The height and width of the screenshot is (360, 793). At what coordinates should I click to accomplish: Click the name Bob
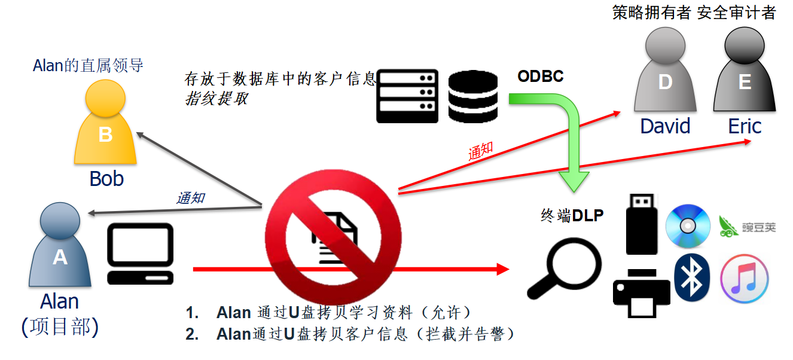point(106,178)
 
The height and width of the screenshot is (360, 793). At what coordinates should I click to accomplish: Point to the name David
point(665,126)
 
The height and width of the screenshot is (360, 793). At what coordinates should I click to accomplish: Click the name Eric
point(745,126)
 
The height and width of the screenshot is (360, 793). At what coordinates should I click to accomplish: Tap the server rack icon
point(407,96)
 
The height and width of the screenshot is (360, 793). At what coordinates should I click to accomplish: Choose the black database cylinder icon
point(473,96)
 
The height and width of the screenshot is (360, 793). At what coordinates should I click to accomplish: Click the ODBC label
point(540,77)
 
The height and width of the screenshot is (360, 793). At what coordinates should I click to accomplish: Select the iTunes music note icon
point(744,279)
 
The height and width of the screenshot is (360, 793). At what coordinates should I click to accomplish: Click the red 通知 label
point(480,152)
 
